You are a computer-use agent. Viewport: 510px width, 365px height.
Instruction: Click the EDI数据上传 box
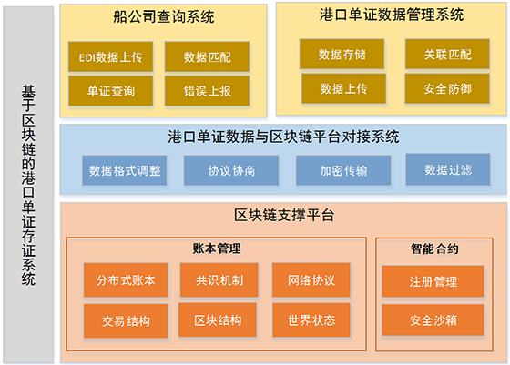tap(110, 56)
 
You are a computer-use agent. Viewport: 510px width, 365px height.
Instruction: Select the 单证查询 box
tap(110, 91)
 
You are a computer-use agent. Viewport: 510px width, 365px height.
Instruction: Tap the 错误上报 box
tap(208, 91)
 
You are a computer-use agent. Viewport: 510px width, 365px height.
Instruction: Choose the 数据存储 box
tap(342, 54)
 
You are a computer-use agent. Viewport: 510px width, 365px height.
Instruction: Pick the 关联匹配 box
tap(447, 54)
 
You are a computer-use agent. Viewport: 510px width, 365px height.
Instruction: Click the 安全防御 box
tap(447, 88)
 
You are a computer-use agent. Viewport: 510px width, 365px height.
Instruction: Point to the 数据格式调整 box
tap(125, 170)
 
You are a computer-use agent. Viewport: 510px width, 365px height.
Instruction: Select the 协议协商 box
tap(231, 170)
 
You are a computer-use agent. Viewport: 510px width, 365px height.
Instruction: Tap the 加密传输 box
tap(343, 170)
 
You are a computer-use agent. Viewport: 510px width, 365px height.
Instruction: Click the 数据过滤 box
tap(448, 169)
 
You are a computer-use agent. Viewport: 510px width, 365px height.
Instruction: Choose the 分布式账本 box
tap(126, 279)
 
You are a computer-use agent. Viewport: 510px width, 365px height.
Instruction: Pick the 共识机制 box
tap(219, 279)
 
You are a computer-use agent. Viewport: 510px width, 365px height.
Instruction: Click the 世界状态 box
tap(311, 320)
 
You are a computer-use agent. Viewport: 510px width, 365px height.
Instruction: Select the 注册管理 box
tap(433, 281)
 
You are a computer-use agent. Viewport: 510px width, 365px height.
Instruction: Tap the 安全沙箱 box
tap(433, 320)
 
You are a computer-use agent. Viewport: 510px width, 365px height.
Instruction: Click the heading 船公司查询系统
tap(164, 16)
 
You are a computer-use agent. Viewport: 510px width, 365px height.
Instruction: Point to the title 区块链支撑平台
tap(284, 215)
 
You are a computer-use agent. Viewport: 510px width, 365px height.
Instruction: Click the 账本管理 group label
tap(217, 248)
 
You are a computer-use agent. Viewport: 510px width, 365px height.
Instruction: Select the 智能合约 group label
tap(434, 249)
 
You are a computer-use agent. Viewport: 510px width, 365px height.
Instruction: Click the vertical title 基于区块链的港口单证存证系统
tap(28, 186)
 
